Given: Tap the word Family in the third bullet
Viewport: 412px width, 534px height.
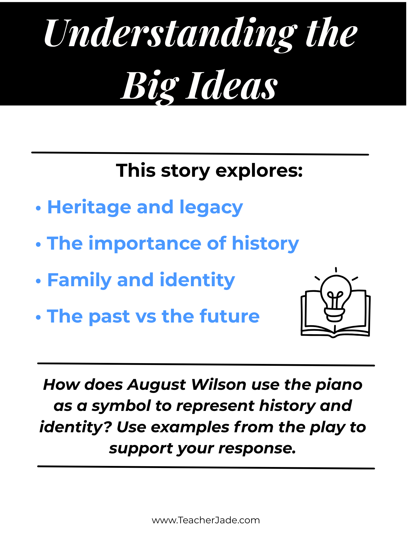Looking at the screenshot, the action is pos(79,280).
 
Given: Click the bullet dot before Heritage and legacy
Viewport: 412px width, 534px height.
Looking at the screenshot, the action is pos(38,208).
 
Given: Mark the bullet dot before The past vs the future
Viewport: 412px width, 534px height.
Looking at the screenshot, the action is pos(38,317).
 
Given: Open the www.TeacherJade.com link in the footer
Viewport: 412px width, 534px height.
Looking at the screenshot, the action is pos(206,520).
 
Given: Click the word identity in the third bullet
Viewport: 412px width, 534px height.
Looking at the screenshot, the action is pos(197,280).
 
